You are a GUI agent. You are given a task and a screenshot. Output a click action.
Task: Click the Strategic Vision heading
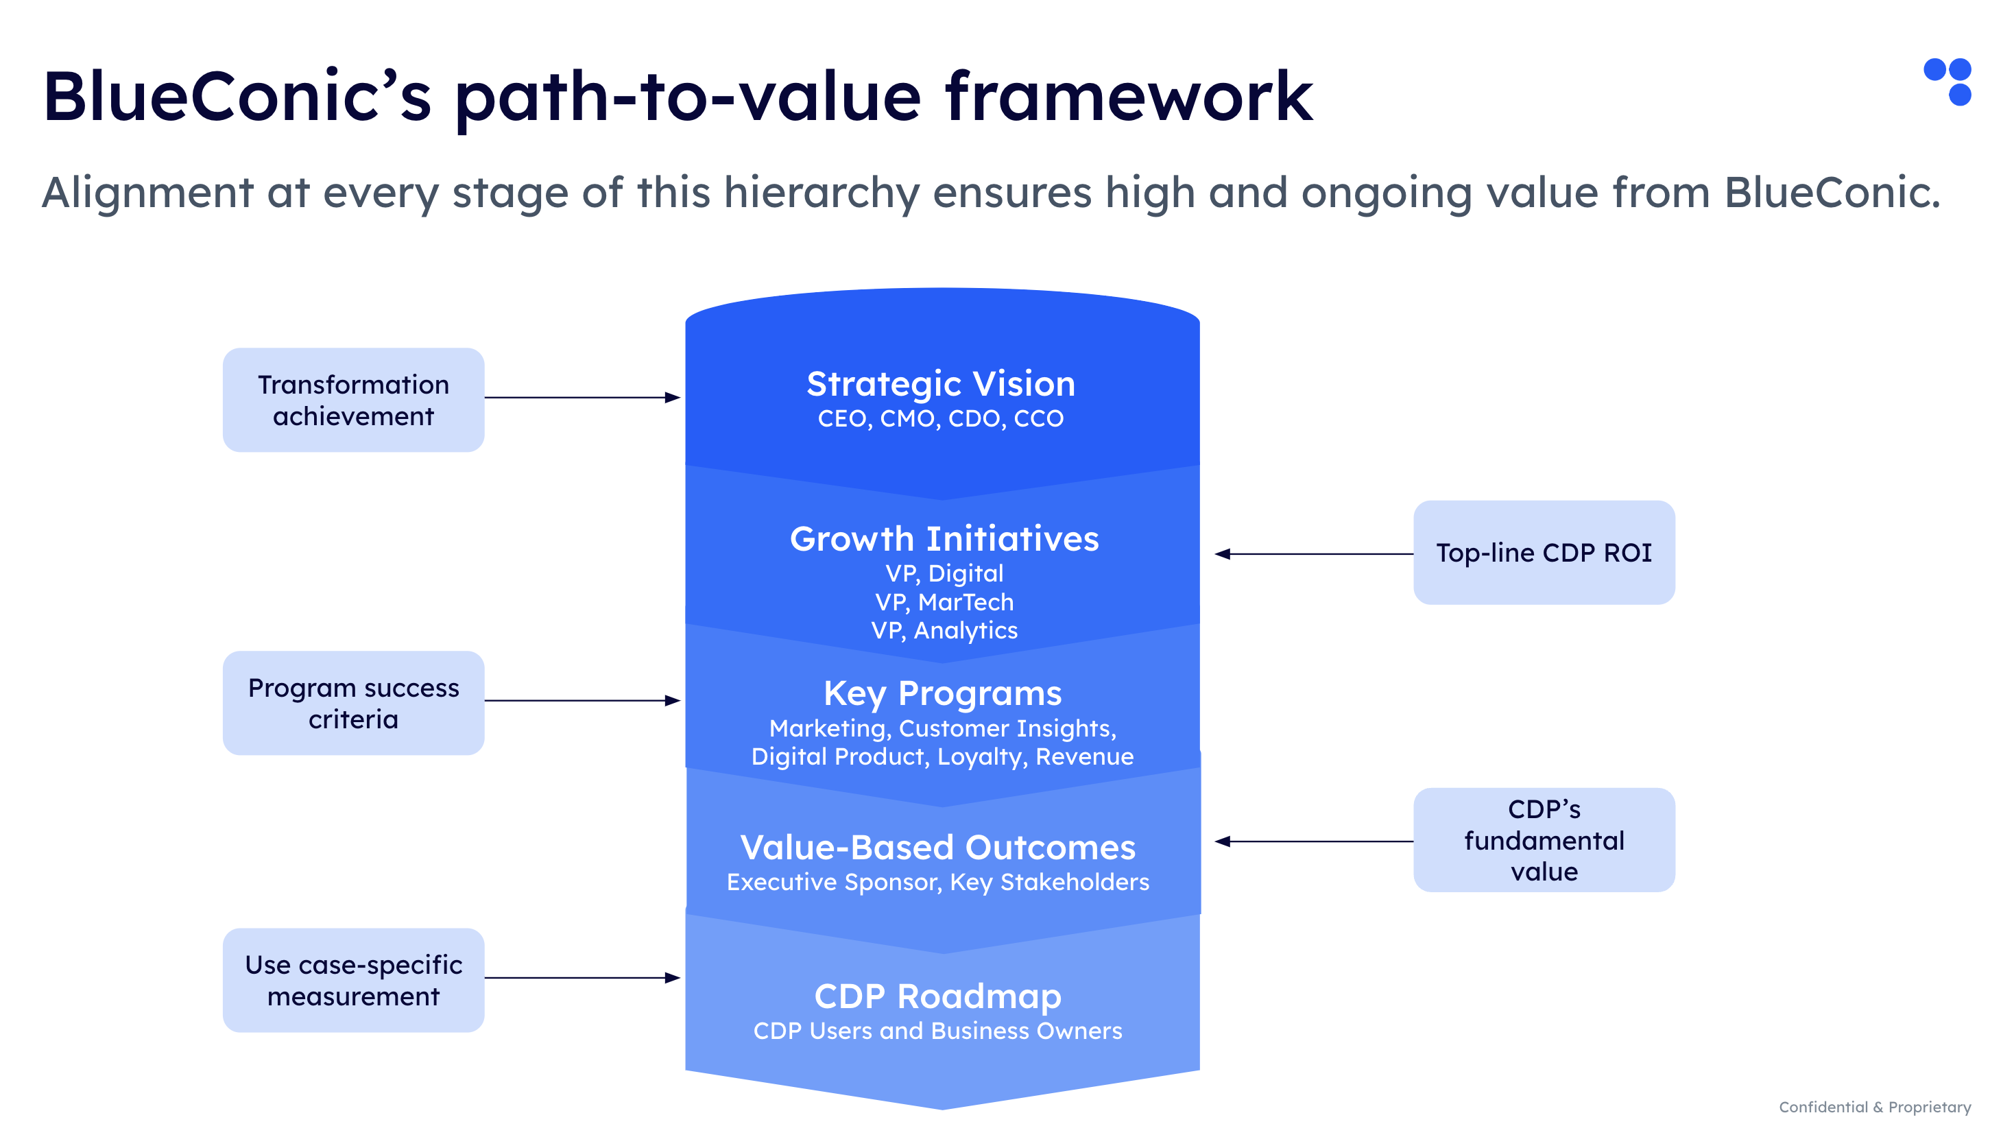pos(940,385)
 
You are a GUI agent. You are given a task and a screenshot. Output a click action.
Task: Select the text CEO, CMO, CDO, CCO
pos(940,419)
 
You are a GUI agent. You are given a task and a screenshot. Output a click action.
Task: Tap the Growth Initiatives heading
pos(944,539)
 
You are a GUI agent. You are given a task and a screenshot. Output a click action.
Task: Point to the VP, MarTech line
pos(944,602)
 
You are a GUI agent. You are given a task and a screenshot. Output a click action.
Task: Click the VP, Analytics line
pos(944,631)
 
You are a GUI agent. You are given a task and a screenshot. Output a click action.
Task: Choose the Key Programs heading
pos(942,694)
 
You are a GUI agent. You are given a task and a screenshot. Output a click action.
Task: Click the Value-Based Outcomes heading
pos(937,848)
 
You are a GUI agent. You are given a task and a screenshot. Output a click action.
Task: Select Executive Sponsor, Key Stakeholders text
pos(937,883)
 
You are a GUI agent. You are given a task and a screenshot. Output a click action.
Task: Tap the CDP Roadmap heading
pos(937,996)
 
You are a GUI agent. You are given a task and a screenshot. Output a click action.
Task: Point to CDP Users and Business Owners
pos(937,1031)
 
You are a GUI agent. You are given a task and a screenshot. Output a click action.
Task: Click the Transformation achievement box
pos(353,400)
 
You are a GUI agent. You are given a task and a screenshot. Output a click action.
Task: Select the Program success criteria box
pos(353,704)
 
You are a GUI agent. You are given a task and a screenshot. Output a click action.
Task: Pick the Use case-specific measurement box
pos(353,980)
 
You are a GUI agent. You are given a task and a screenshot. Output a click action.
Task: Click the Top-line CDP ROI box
pos(1543,553)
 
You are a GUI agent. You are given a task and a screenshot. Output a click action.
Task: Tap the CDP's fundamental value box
pos(1543,841)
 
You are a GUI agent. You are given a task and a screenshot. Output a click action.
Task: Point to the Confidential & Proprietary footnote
pos(1874,1107)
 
